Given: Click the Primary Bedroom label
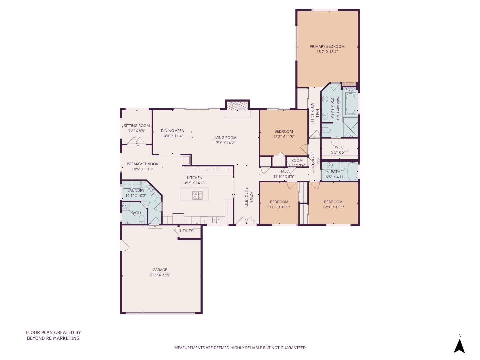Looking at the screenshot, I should (x=327, y=46).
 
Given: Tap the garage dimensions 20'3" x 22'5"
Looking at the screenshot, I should (x=160, y=275).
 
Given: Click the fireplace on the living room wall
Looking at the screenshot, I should (x=237, y=106).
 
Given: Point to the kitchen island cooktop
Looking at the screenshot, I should (x=197, y=196).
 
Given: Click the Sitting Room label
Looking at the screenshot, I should (x=137, y=126).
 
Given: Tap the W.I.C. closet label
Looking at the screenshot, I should (x=339, y=147).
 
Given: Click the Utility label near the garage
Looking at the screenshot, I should (x=186, y=231).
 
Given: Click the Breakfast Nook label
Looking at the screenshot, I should (x=142, y=164).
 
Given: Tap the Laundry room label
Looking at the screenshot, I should (x=136, y=190).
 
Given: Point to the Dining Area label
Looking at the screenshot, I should (x=172, y=131).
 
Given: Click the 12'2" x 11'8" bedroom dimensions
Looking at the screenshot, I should (x=284, y=137).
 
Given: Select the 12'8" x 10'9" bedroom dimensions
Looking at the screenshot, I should (x=333, y=207).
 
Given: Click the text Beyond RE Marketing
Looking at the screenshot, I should (x=53, y=338).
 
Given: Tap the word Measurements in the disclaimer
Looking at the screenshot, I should (x=189, y=348).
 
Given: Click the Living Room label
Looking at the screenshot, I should (x=224, y=138).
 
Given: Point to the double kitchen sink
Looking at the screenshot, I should (x=216, y=220).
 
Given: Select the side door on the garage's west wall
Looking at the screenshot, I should (x=125, y=246).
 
